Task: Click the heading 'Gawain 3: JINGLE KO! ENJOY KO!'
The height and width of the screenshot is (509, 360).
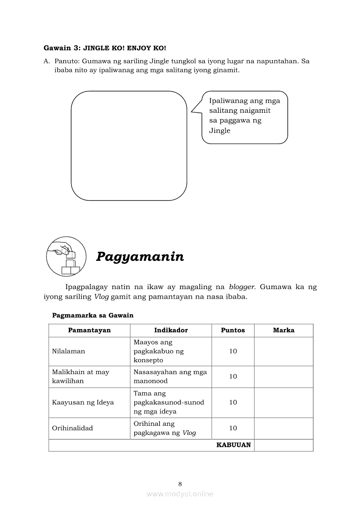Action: (105, 47)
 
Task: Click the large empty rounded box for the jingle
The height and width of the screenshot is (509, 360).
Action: (129, 145)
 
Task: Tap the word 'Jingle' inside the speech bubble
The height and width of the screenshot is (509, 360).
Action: (220, 130)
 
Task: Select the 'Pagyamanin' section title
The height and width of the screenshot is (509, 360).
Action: (140, 256)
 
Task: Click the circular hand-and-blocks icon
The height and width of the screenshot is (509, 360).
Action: (64, 256)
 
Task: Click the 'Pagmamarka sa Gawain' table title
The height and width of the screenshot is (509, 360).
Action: (93, 315)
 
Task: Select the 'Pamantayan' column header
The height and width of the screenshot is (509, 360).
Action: (89, 330)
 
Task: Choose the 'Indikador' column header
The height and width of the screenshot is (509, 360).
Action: (171, 330)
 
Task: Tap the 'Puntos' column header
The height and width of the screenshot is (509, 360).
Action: (233, 330)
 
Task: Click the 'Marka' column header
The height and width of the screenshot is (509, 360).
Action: (284, 330)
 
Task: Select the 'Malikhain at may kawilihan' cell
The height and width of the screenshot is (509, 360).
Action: (81, 376)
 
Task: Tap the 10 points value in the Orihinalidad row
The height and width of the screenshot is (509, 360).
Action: (233, 428)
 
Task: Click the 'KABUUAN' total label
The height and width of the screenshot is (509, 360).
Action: (234, 445)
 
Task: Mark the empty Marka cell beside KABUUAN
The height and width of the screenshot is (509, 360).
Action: (284, 445)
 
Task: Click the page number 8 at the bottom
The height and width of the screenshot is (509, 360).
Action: (180, 483)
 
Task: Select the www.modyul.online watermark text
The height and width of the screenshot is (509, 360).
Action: (180, 494)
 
